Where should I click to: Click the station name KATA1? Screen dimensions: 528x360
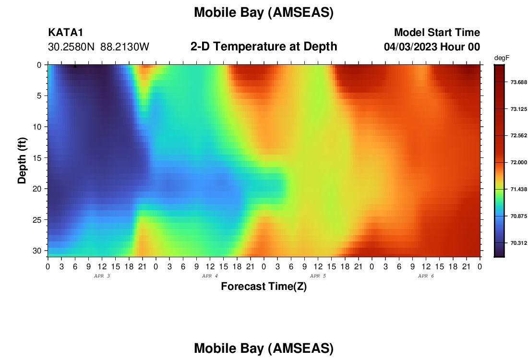tap(65, 32)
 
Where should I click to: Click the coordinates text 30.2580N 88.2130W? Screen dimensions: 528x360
tap(98, 47)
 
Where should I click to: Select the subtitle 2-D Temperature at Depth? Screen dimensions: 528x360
tap(264, 47)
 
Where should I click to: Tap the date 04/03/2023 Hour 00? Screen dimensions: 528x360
tap(432, 47)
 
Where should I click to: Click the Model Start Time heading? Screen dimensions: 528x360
tap(437, 32)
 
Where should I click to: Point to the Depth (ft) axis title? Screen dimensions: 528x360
tap(22, 160)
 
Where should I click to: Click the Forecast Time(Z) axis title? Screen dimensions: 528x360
tap(264, 286)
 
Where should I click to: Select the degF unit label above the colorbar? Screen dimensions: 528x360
tap(502, 58)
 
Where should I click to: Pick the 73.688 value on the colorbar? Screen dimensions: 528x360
tap(518, 82)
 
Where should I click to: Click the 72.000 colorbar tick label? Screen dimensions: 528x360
tap(518, 162)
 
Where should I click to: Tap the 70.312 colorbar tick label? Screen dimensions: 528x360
tap(518, 243)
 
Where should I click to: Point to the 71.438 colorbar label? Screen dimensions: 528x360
tap(518, 189)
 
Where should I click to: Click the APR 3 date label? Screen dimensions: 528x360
tap(102, 276)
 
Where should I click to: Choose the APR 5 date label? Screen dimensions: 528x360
tap(318, 276)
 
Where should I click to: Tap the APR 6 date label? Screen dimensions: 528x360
tap(426, 276)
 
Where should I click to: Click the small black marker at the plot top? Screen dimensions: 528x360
tap(75, 66)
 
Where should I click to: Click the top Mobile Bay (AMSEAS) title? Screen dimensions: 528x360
tap(264, 12)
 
